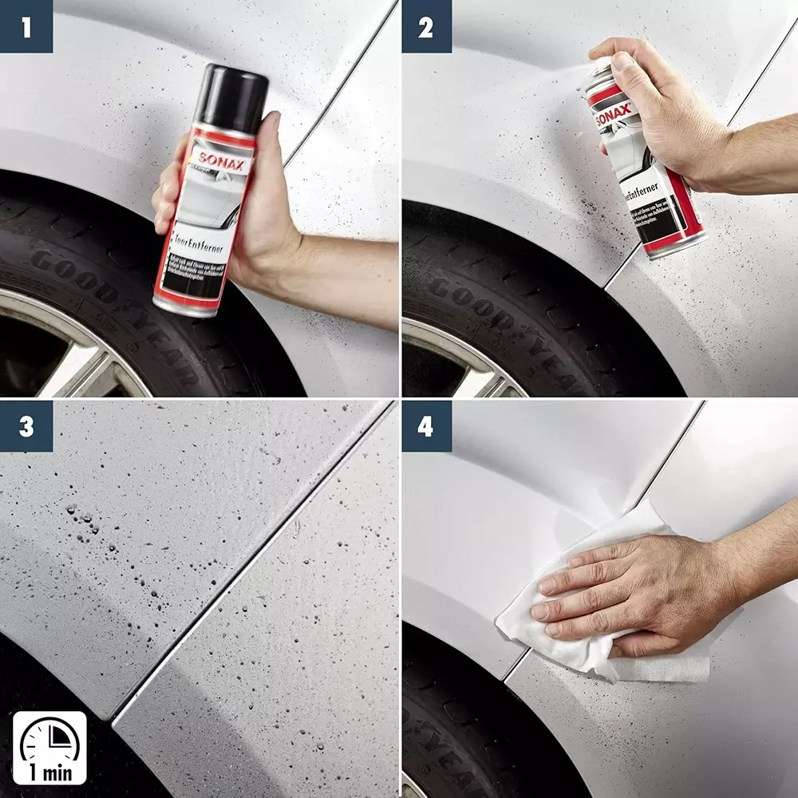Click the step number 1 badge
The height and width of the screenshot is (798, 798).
coord(26,26)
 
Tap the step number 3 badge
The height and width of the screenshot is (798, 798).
coord(26,427)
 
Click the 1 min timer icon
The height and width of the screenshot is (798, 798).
coord(49,747)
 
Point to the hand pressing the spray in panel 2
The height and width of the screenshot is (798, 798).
coord(654,112)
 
